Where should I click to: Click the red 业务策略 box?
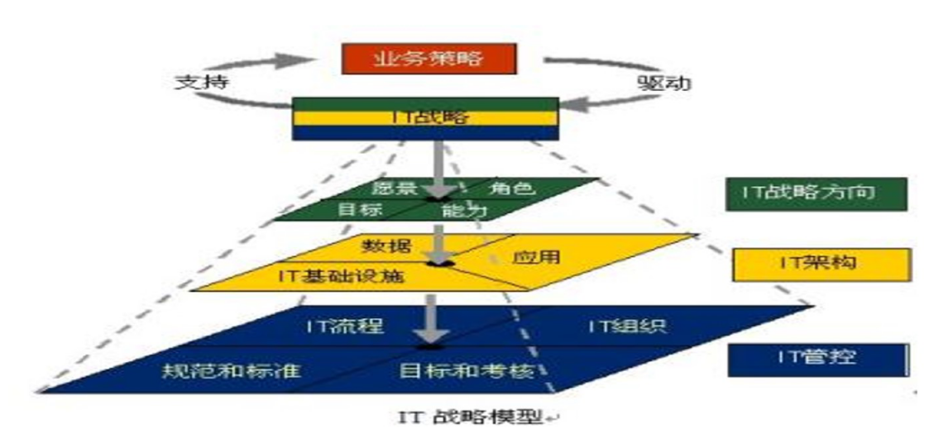[429, 60]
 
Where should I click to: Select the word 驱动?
[663, 83]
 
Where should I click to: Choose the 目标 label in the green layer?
[359, 210]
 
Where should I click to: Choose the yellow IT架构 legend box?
[819, 264]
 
